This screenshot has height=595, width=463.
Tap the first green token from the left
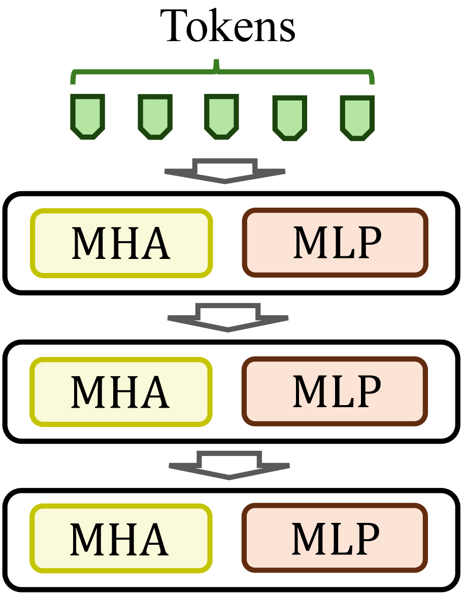(88, 116)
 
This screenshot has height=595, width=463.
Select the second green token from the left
(155, 116)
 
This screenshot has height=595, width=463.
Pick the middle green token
(222, 116)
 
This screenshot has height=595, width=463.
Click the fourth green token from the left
(290, 117)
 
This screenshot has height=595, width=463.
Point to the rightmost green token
(357, 117)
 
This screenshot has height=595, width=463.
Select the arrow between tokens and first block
(225, 171)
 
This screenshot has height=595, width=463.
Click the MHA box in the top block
(121, 243)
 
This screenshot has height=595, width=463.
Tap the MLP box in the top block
(336, 243)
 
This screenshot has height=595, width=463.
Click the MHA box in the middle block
(121, 391)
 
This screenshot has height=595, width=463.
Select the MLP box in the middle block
(336, 391)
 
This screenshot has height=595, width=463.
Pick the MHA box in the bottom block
(121, 538)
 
